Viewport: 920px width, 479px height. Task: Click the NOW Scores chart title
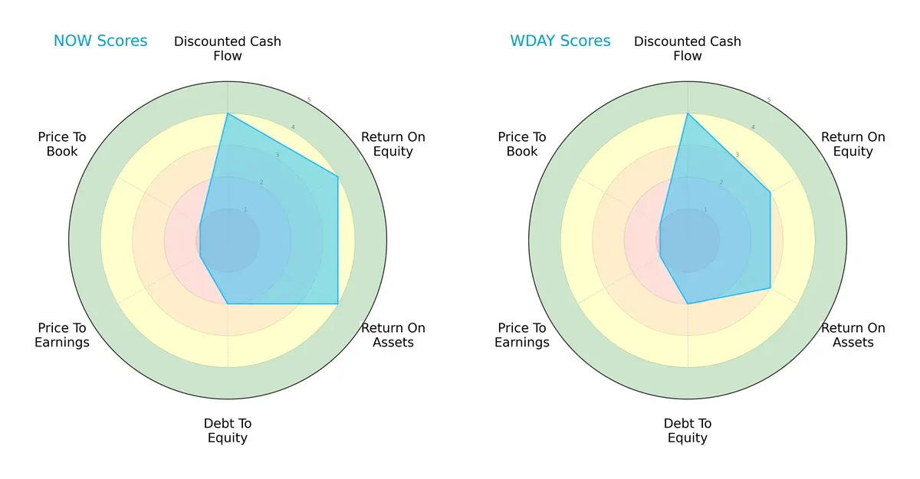tap(100, 41)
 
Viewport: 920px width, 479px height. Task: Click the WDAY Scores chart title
tap(560, 41)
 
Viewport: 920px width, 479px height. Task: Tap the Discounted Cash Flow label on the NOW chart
tap(228, 48)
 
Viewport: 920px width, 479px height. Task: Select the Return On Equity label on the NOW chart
tap(393, 144)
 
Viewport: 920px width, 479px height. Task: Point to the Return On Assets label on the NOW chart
tap(393, 335)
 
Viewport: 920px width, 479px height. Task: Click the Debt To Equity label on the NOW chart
tap(228, 431)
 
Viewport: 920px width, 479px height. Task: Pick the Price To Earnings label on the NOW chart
tap(62, 335)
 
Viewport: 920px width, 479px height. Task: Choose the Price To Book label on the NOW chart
tap(62, 144)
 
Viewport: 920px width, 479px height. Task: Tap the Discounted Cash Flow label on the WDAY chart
tap(688, 48)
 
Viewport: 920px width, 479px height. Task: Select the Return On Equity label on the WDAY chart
tap(853, 144)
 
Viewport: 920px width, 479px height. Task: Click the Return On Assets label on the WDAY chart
tap(853, 335)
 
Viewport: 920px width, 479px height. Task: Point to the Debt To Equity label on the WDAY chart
tap(688, 431)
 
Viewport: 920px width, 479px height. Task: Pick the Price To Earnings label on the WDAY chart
tap(522, 335)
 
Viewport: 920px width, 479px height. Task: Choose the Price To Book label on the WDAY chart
tap(522, 144)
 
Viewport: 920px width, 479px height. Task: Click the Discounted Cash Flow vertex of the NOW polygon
tap(228, 113)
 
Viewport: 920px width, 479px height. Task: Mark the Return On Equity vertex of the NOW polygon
tap(338, 177)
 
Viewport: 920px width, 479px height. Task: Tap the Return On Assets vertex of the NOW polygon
tap(338, 304)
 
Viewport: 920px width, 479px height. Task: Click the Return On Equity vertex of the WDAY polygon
tap(770, 192)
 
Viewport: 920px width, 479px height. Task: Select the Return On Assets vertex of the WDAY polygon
tap(770, 288)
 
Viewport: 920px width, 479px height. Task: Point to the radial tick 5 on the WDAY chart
tap(769, 100)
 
